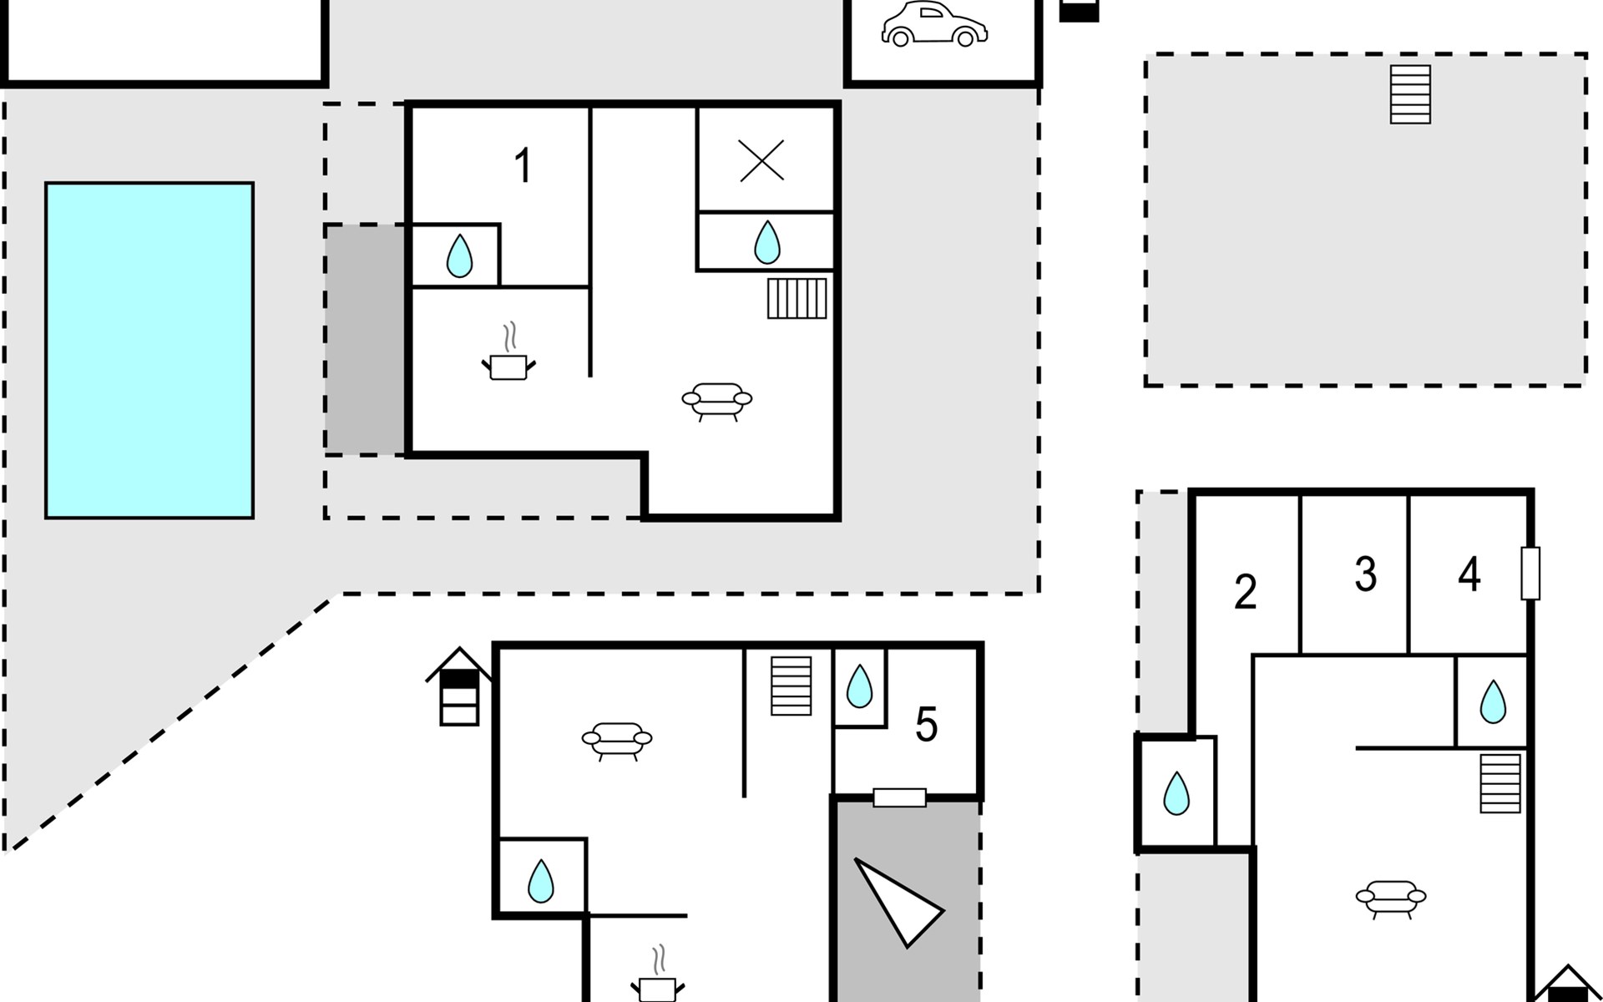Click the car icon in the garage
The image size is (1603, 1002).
pyautogui.click(x=934, y=24)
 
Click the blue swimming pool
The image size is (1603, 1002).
pyautogui.click(x=149, y=351)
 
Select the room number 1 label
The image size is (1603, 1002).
pyautogui.click(x=523, y=165)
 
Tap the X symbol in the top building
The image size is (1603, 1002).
pyautogui.click(x=761, y=160)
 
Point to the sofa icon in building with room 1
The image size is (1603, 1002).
pyautogui.click(x=717, y=401)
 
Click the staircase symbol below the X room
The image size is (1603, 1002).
pyautogui.click(x=797, y=298)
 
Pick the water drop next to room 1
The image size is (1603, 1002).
pyautogui.click(x=459, y=256)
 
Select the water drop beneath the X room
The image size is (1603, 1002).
pyautogui.click(x=766, y=242)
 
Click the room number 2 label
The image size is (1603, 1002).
pyautogui.click(x=1245, y=592)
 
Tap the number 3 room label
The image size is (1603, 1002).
pyautogui.click(x=1365, y=574)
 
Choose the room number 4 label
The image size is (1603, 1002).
pyautogui.click(x=1469, y=574)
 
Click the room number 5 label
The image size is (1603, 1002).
pyautogui.click(x=926, y=724)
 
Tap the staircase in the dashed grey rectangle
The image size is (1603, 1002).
pyautogui.click(x=1410, y=94)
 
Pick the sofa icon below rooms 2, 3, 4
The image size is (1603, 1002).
pyautogui.click(x=1391, y=898)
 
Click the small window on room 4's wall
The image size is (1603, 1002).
pyautogui.click(x=1530, y=573)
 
